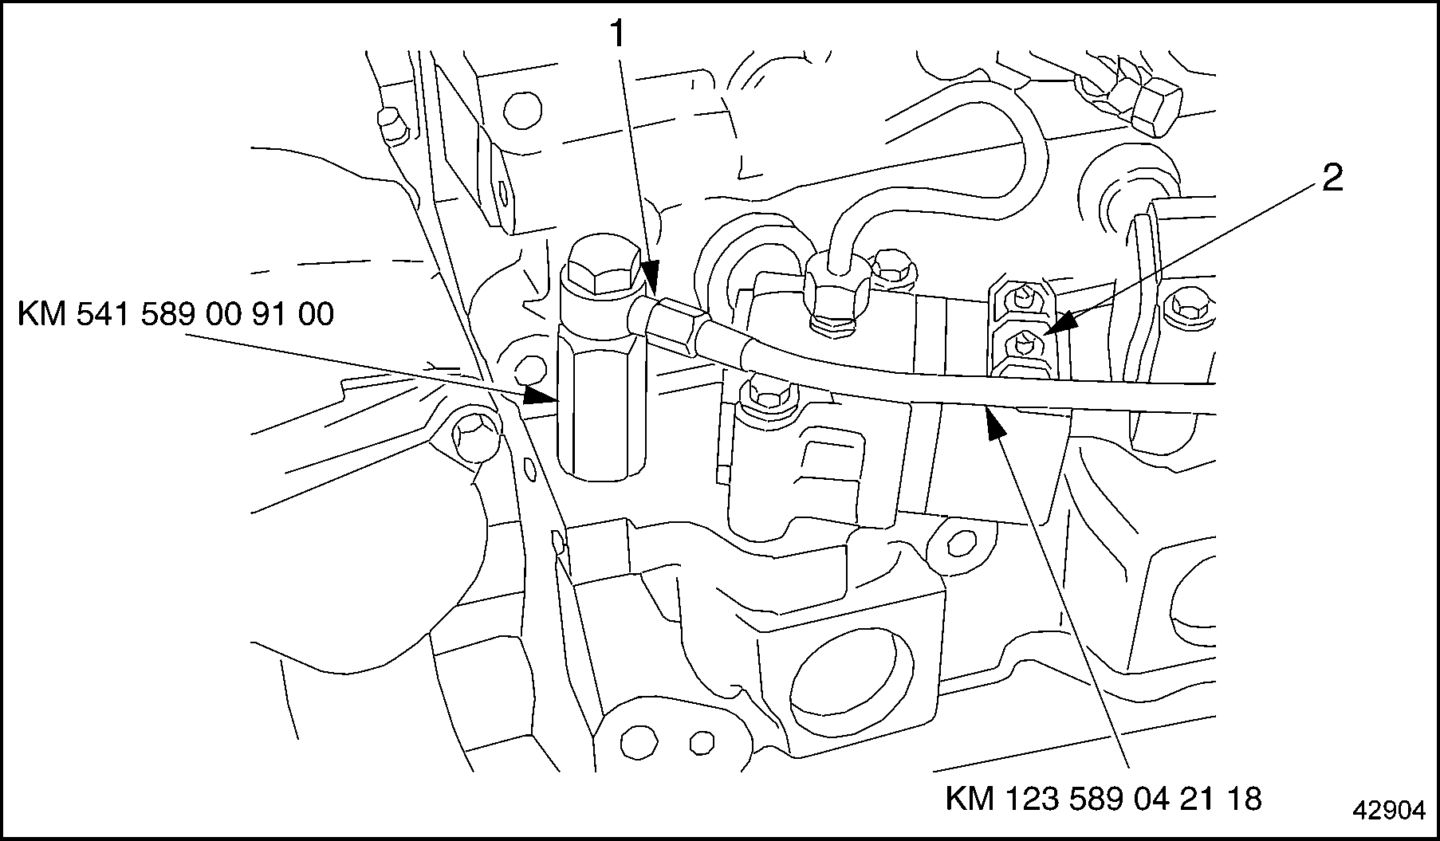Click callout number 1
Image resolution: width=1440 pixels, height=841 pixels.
pyautogui.click(x=619, y=35)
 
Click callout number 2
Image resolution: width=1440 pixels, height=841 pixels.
pyautogui.click(x=1332, y=179)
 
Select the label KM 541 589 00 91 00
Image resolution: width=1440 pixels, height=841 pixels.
pyautogui.click(x=175, y=315)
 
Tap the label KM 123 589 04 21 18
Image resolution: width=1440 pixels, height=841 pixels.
pyautogui.click(x=1104, y=798)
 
